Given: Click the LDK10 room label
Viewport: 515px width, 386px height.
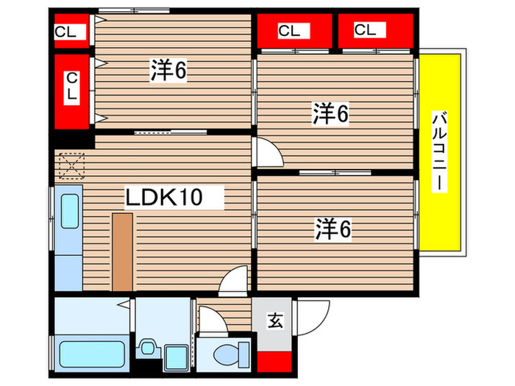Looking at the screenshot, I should [163, 197].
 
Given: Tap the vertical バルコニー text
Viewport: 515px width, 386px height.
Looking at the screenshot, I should [439, 151].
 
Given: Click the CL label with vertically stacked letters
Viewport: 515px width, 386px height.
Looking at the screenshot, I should [72, 87].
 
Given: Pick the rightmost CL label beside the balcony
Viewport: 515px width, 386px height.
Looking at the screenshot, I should [366, 29].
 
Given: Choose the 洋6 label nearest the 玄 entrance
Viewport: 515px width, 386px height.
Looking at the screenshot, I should [333, 229].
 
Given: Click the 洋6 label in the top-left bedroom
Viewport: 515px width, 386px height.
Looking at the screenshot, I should [169, 71].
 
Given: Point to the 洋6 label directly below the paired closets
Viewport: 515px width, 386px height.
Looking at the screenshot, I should [330, 114].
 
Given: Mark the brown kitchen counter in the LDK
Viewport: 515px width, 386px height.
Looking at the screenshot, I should [122, 251].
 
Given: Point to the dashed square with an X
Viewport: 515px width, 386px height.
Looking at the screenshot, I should [71, 165].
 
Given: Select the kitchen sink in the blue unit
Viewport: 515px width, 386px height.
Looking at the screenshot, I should [70, 212].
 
